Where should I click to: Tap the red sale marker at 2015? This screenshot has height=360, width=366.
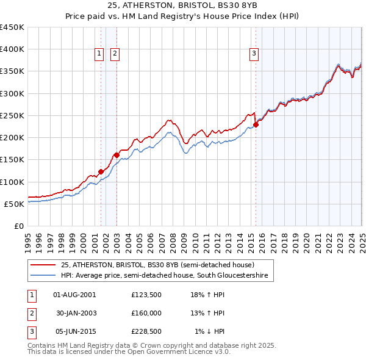pos(256,125)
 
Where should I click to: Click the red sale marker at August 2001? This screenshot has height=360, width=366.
pos(101,171)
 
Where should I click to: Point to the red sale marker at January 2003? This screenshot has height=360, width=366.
pos(117,155)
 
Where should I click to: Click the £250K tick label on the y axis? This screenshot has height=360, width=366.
pos(12,115)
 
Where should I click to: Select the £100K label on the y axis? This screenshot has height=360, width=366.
pos(12,182)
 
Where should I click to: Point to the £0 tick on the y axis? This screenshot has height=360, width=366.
pos(20,226)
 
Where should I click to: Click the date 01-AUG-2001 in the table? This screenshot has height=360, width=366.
pos(75,295)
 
